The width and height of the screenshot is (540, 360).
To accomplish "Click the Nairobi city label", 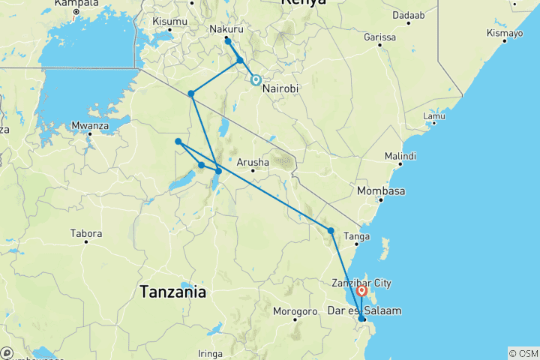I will click(280, 88).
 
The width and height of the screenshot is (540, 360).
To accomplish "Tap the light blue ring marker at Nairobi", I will click(256, 79).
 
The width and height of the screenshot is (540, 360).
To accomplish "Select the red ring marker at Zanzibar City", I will click(362, 290).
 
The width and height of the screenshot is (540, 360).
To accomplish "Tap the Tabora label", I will click(85, 233).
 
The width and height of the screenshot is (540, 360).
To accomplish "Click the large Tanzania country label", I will click(172, 292).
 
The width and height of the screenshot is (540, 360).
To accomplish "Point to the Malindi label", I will click(399, 155).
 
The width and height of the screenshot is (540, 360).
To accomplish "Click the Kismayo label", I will click(502, 34).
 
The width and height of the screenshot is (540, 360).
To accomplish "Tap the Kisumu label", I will click(169, 21).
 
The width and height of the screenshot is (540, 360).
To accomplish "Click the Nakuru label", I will click(226, 29).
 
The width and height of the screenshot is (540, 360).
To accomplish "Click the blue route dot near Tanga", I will click(331, 230).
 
